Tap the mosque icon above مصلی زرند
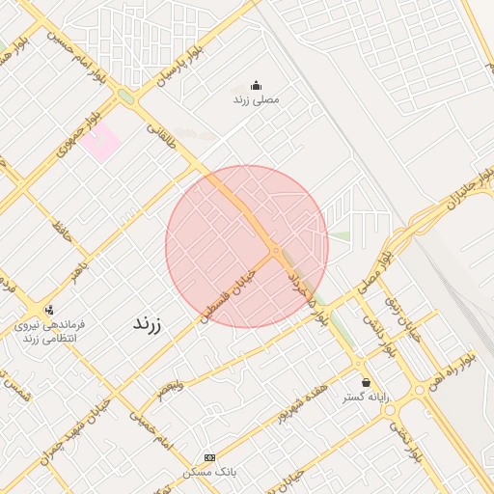[x=256, y=85]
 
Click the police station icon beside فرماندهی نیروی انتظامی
[x=49, y=310]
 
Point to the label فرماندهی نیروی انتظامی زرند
[x=49, y=332]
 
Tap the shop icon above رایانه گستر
[x=365, y=383]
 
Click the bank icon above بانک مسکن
[x=209, y=457]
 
